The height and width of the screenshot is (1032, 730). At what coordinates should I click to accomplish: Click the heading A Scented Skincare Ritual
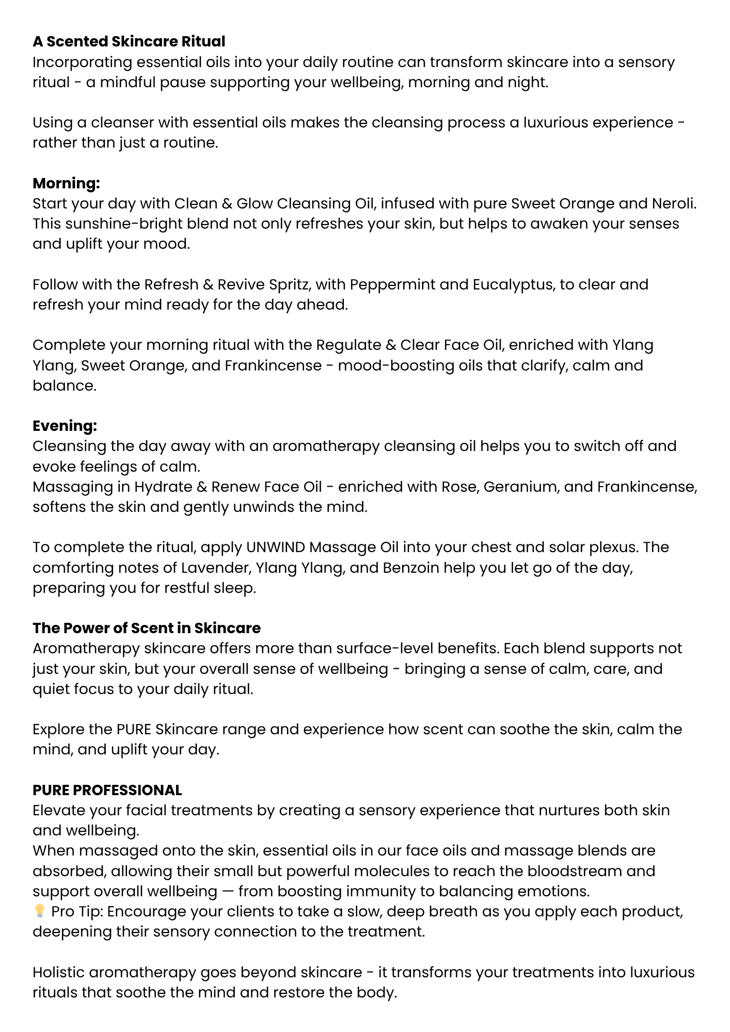click(x=129, y=41)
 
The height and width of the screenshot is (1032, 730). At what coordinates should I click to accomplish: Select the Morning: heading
click(x=66, y=183)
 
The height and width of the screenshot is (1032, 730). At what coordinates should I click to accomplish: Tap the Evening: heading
click(x=65, y=426)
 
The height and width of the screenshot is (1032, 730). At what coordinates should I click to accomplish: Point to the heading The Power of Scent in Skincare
click(x=147, y=628)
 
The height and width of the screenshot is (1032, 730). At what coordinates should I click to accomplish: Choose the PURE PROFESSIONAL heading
click(x=107, y=790)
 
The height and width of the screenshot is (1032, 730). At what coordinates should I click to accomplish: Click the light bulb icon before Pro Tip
click(x=39, y=911)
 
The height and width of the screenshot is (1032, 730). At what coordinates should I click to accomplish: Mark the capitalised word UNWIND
click(x=276, y=547)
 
